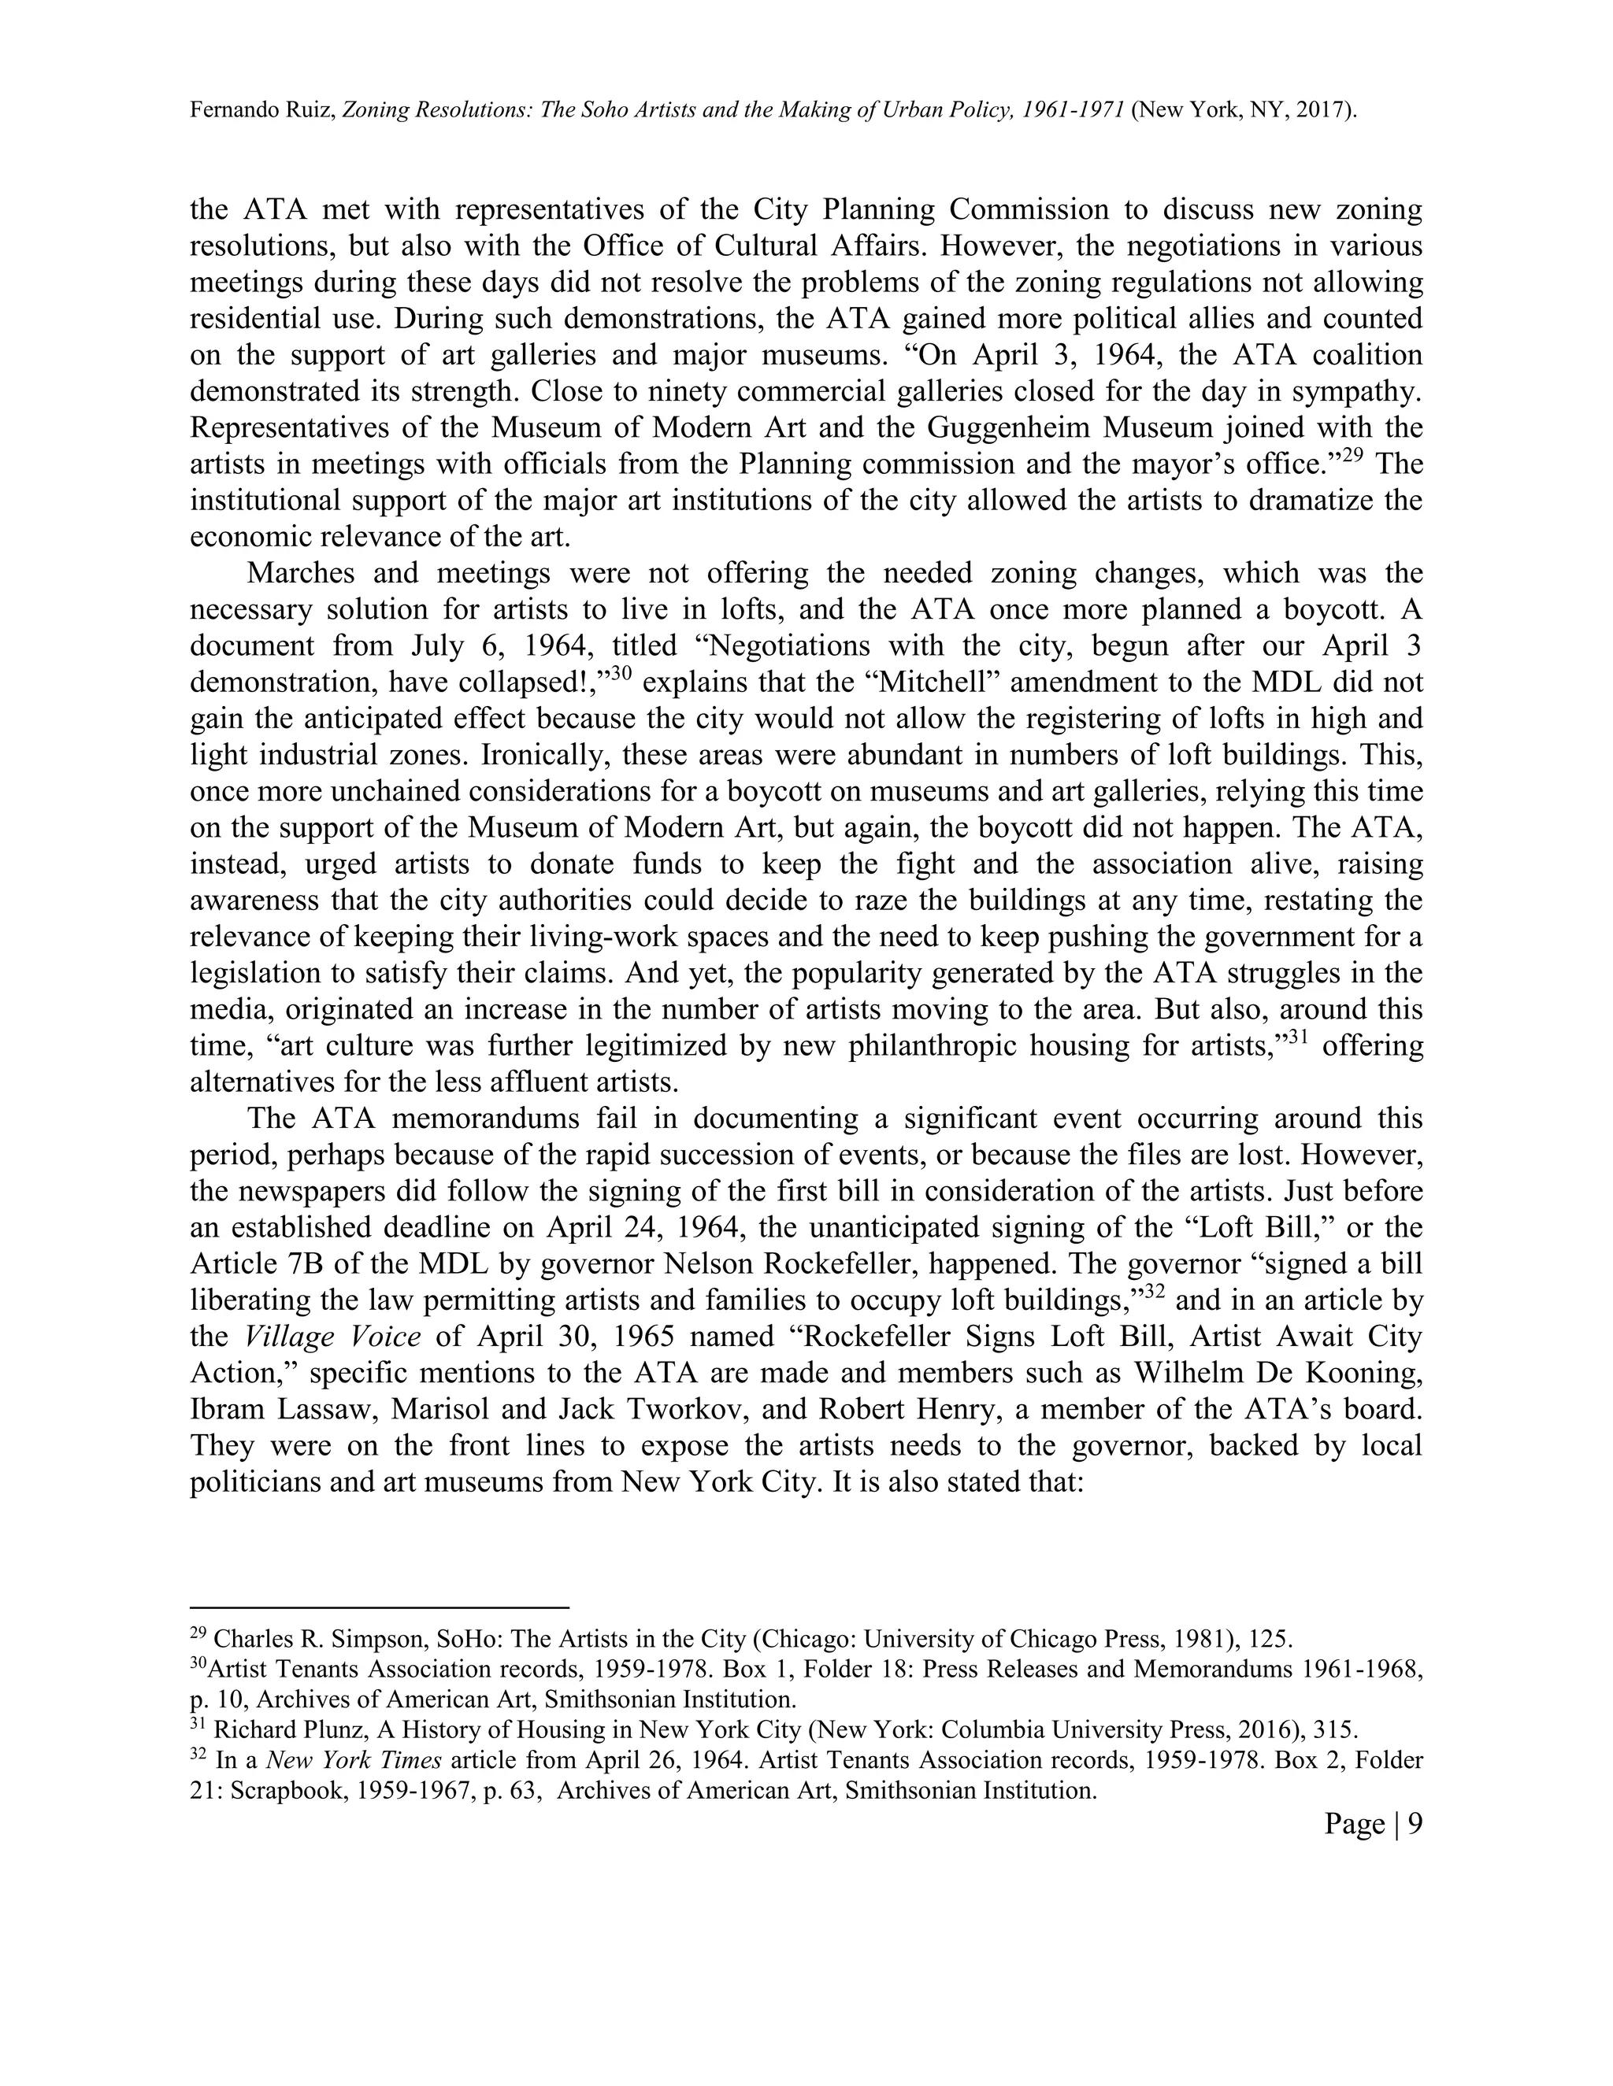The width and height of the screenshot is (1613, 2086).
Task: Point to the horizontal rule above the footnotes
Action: point(380,1607)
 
